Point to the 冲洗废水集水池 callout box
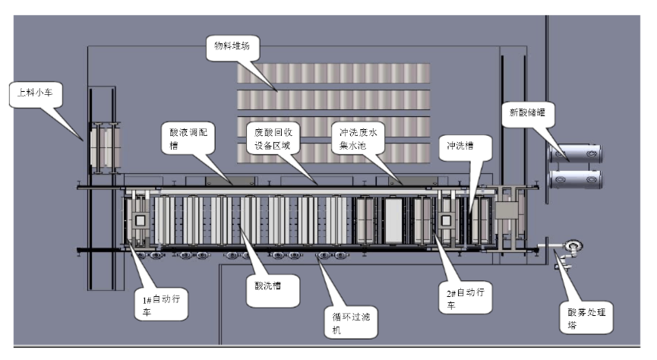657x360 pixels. coord(359,137)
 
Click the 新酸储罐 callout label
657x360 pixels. coord(527,114)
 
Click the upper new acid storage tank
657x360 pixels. coord(576,154)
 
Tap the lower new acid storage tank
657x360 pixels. coord(576,180)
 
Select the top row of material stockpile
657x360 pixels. coord(333,74)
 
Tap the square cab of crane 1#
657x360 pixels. coord(141,220)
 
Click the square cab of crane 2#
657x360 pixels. coord(446,221)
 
